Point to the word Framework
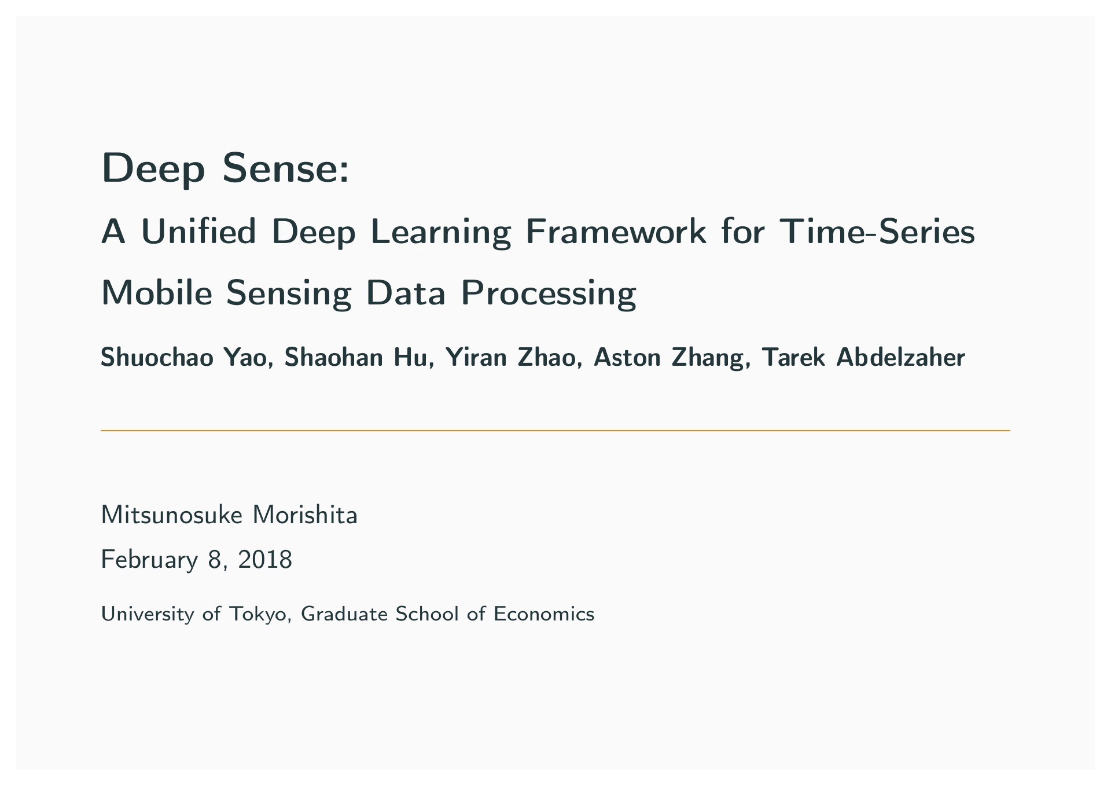coord(616,232)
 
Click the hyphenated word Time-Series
coord(877,232)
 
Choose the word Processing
coord(548,294)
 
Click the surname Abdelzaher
coord(901,357)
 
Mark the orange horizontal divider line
coord(555,431)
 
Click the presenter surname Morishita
coord(305,515)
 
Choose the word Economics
coord(544,614)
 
